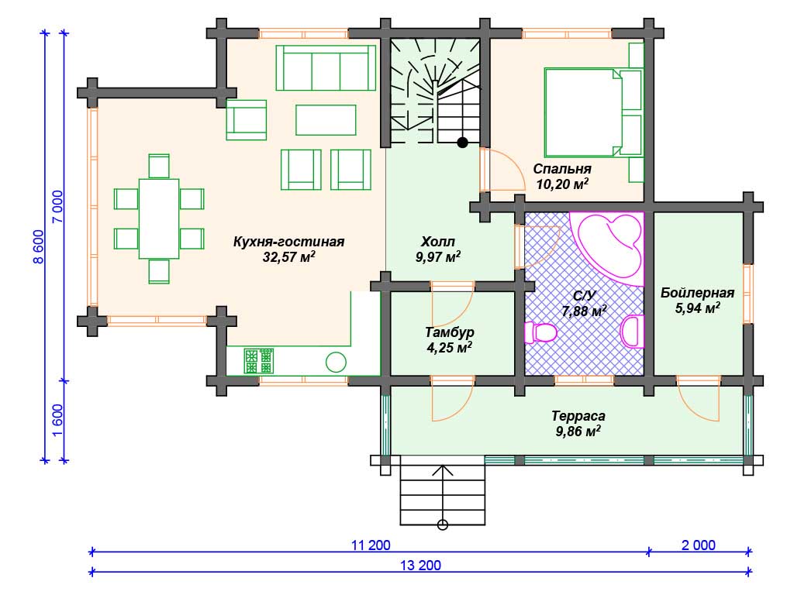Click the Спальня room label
click(x=562, y=168)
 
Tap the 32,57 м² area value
click(x=288, y=256)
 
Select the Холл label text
click(x=438, y=242)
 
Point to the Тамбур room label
click(x=450, y=332)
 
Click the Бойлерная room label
click(x=697, y=292)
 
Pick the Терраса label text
click(x=578, y=416)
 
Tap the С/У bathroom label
click(x=585, y=295)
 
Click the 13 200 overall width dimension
click(x=420, y=565)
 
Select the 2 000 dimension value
click(x=699, y=545)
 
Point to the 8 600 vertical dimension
click(x=39, y=247)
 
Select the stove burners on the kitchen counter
click(x=258, y=361)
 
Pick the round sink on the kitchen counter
click(x=336, y=363)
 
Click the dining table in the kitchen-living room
click(x=159, y=218)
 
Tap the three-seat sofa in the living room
click(x=326, y=68)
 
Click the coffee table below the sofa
click(x=326, y=120)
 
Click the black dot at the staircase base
click(x=462, y=143)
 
